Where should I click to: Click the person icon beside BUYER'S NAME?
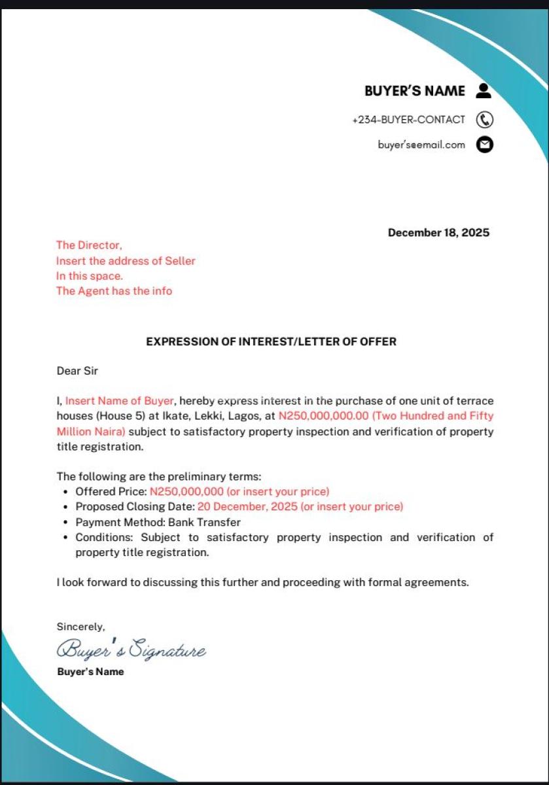[x=484, y=91]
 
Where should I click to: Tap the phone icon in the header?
[x=484, y=120]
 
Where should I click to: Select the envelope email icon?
[x=484, y=145]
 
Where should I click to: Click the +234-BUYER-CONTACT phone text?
[x=408, y=120]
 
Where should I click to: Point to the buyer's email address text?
[x=421, y=145]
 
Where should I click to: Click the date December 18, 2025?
[x=438, y=233]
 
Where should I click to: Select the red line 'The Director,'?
[x=89, y=245]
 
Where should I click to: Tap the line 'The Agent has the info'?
[x=114, y=291]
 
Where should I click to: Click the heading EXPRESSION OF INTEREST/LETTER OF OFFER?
[x=271, y=341]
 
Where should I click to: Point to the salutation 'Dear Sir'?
[x=77, y=371]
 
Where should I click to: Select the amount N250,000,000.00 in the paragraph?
[x=324, y=416]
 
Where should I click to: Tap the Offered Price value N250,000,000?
[x=186, y=491]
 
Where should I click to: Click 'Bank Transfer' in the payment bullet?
[x=204, y=522]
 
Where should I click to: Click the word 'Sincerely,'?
[x=80, y=627]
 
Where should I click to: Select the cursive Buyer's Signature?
[x=131, y=650]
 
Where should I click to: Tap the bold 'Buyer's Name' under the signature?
[x=90, y=672]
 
